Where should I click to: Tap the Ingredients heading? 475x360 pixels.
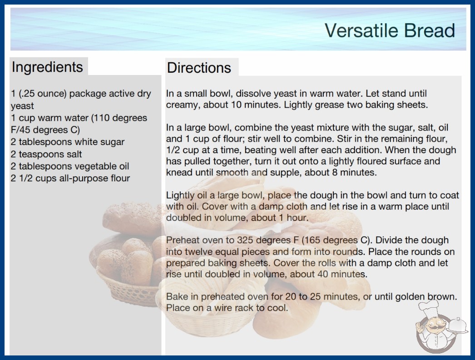point(47,67)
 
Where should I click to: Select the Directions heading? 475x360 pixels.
point(199,68)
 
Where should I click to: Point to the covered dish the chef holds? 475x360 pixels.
point(458,326)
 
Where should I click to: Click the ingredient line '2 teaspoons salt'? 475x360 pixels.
point(46,154)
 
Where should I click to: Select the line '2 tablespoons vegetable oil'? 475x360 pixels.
point(70,166)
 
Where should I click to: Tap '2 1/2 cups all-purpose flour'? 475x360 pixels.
point(70,178)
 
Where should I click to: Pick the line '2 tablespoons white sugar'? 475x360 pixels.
point(68,142)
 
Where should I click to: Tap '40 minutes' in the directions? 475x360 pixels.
point(342,274)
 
